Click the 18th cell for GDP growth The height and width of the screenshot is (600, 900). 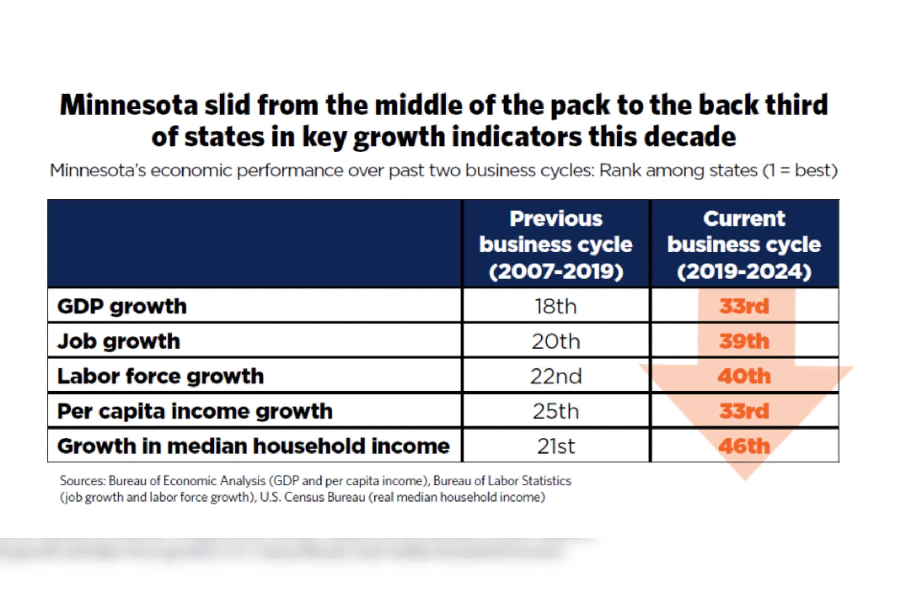pos(556,306)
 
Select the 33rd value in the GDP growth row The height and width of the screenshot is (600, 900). pos(744,306)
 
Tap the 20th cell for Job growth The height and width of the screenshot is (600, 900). pos(556,341)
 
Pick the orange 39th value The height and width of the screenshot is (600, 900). pos(744,341)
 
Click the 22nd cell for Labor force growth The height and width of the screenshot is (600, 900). pos(556,376)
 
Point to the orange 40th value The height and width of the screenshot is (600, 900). pos(744,376)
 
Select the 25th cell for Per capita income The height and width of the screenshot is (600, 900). pos(556,411)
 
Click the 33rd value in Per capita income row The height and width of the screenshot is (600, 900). pos(744,411)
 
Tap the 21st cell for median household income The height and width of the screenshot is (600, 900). pos(556,446)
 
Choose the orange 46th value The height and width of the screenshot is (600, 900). pos(744,446)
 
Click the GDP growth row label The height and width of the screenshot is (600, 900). pos(122,306)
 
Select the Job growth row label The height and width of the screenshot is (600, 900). pos(119,341)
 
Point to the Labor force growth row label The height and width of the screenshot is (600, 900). pos(160,376)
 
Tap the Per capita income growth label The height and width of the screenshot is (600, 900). pos(195,411)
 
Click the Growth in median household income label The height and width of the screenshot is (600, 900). pos(253,446)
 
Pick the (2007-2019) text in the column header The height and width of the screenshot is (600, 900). pos(556,272)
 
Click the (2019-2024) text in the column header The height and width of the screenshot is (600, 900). pos(744,272)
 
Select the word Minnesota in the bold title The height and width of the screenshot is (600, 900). pos(128,105)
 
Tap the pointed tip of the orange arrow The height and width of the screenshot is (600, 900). pos(745,479)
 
